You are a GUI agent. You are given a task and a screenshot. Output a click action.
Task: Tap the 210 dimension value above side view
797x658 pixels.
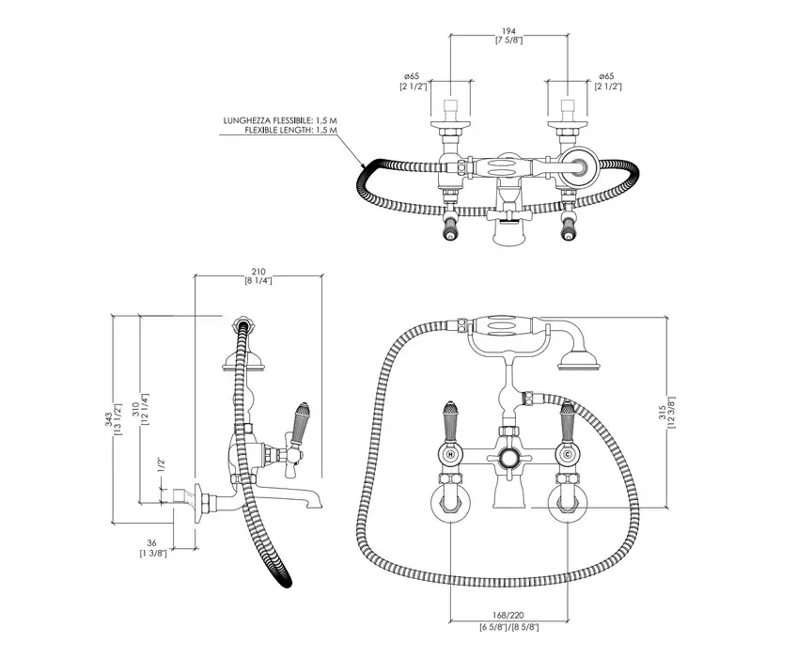(258, 271)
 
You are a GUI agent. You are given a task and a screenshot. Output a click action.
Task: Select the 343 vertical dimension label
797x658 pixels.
(108, 414)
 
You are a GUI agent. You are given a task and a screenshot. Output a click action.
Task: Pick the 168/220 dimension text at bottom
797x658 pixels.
(509, 615)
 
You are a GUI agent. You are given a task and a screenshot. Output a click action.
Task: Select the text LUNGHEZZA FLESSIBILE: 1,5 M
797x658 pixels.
(280, 121)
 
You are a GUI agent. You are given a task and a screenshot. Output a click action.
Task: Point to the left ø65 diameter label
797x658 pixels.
(412, 75)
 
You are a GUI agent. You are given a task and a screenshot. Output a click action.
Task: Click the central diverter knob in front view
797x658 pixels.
(509, 457)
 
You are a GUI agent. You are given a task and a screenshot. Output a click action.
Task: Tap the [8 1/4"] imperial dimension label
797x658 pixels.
(258, 280)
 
